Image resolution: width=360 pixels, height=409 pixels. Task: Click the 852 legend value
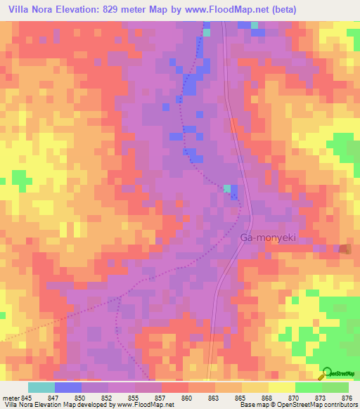point(94,397)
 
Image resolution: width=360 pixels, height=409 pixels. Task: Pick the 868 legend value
point(255,397)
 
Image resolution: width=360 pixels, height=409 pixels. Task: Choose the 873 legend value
point(308,397)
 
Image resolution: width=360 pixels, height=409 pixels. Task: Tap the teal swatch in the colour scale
point(41,387)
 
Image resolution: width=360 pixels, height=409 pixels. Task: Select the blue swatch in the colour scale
point(68,387)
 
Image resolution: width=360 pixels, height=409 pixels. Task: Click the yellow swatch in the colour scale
point(255,387)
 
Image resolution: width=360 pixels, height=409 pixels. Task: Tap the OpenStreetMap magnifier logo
point(326,373)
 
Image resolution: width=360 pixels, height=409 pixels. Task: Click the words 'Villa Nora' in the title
point(29,10)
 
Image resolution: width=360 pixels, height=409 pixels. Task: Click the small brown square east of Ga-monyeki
point(344,249)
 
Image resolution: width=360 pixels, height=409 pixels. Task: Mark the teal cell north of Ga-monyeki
point(226,188)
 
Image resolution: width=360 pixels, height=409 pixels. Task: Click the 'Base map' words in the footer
point(253,405)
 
